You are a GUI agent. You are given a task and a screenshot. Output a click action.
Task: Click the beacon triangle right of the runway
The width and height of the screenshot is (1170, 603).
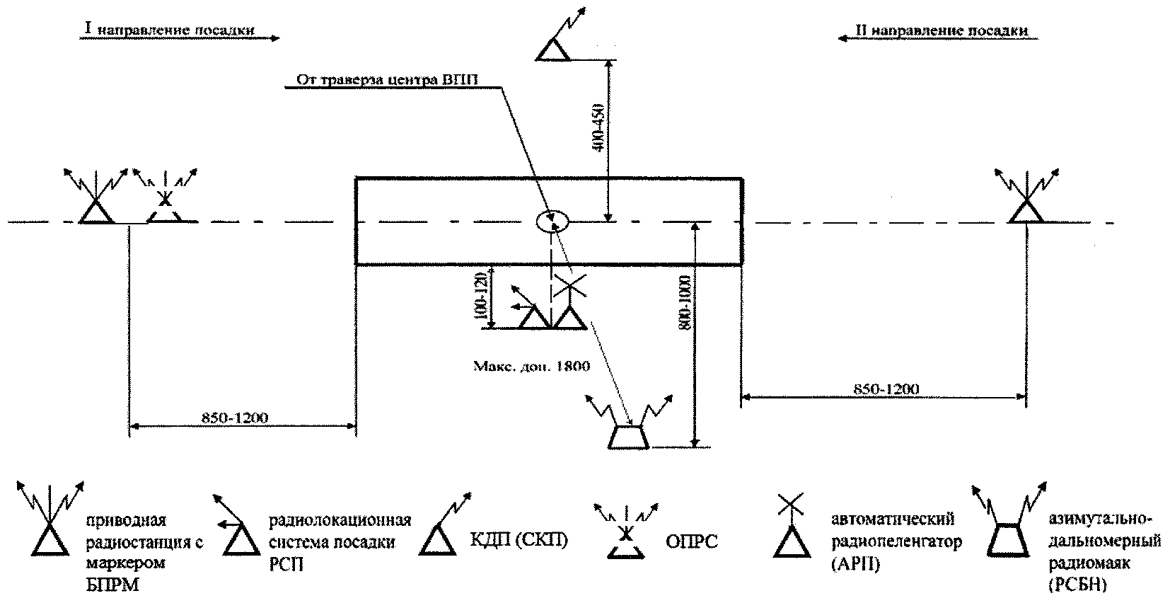(x=1026, y=211)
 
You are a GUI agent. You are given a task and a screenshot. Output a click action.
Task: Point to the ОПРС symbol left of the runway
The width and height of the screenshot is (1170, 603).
(x=165, y=207)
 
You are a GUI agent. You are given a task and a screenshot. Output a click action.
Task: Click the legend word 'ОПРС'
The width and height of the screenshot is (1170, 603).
(x=692, y=543)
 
